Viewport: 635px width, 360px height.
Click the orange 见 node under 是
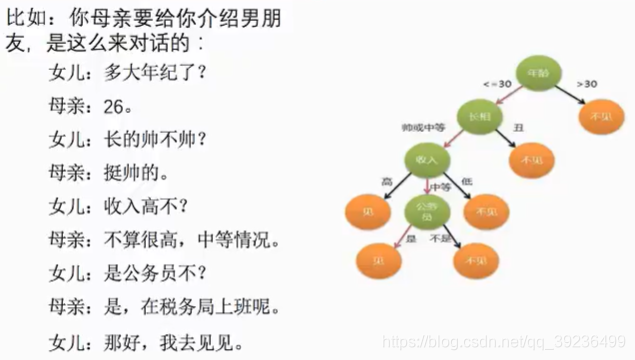coord(377,260)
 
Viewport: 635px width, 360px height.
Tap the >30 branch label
coord(587,84)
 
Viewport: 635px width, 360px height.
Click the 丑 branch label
coord(517,129)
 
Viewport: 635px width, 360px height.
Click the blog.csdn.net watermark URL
coord(520,343)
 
